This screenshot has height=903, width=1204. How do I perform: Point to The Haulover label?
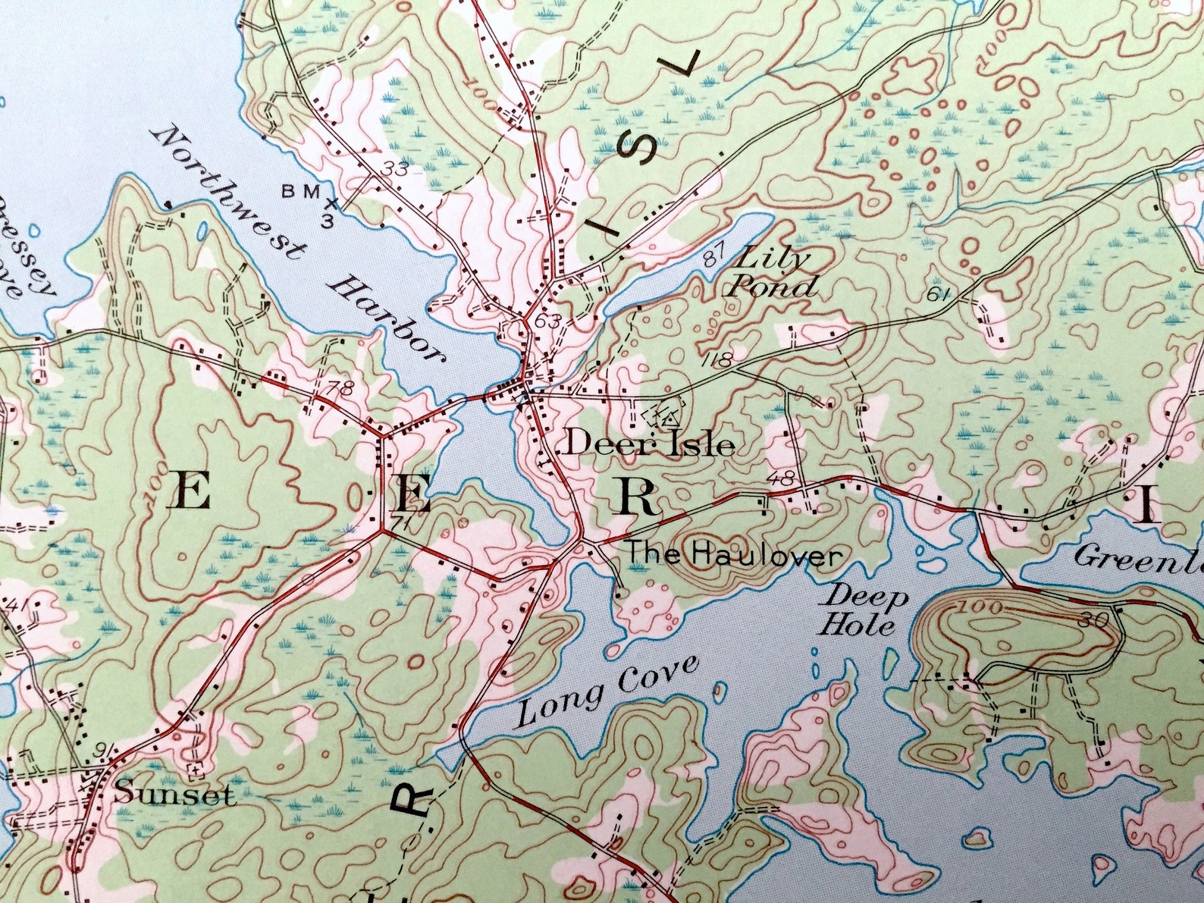[732, 556]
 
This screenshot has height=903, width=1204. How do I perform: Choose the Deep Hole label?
[866, 611]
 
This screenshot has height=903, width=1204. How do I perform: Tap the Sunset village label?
[174, 794]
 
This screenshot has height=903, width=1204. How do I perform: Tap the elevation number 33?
[395, 168]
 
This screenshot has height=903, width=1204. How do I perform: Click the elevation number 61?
[939, 294]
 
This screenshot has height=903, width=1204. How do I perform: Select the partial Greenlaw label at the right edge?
[1137, 560]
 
